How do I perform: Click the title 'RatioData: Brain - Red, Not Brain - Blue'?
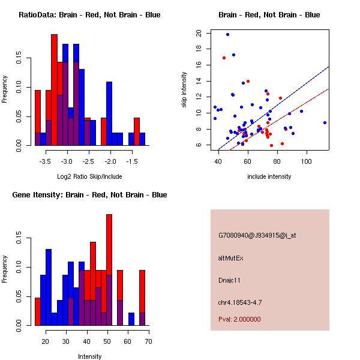(x=89, y=15)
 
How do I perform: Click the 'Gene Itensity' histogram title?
(x=89, y=195)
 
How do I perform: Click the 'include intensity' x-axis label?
(x=269, y=176)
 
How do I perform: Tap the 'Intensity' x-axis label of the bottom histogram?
(x=89, y=356)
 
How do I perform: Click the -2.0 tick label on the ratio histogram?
(x=110, y=161)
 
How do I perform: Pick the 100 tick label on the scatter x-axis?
(x=307, y=161)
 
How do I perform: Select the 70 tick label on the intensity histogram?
(x=148, y=341)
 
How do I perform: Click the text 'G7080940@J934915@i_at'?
(x=257, y=235)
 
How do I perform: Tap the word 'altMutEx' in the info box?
(x=231, y=258)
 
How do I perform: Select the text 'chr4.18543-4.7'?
(x=240, y=302)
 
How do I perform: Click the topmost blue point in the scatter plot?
(x=227, y=34)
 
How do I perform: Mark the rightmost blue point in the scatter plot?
(x=325, y=122)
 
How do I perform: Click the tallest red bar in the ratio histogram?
(x=54, y=90)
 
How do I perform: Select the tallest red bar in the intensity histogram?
(x=109, y=270)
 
